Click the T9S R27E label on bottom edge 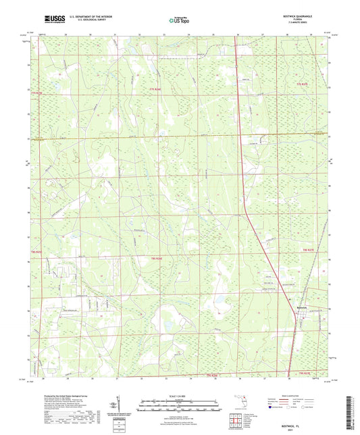[x=307, y=373]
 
